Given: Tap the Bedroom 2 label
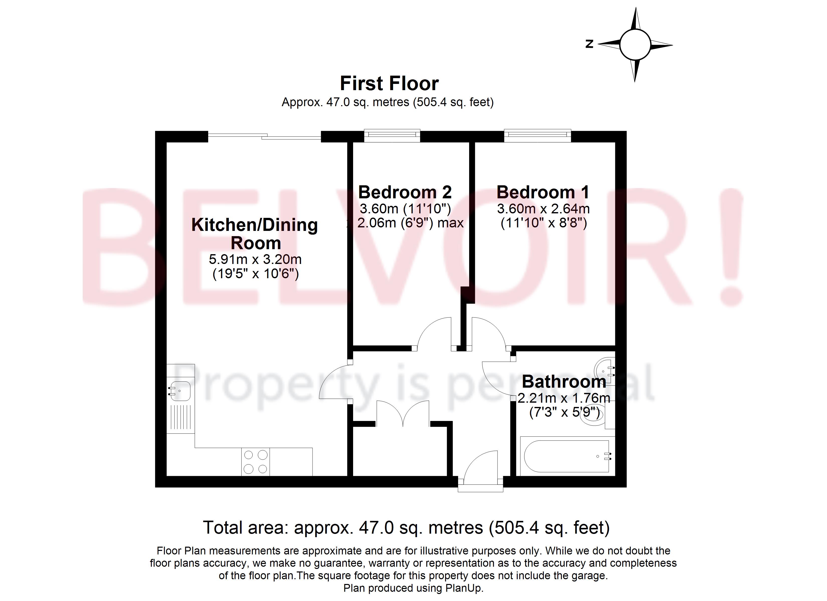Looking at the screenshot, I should pyautogui.click(x=405, y=192).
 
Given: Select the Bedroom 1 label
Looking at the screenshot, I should pyautogui.click(x=543, y=192).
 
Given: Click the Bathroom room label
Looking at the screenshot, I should pyautogui.click(x=564, y=382).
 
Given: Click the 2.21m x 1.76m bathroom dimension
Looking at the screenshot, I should pyautogui.click(x=564, y=398).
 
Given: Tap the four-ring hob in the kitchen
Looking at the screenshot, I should pyautogui.click(x=255, y=462).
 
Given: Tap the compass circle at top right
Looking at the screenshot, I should pyautogui.click(x=635, y=45).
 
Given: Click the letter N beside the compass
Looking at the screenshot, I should pyautogui.click(x=589, y=44).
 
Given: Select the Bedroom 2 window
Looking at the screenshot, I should pyautogui.click(x=392, y=135).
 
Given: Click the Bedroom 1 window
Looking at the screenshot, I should pyautogui.click(x=538, y=135).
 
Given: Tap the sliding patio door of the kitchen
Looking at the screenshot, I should pyautogui.click(x=264, y=137).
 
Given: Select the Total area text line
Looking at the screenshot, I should pyautogui.click(x=406, y=528).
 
